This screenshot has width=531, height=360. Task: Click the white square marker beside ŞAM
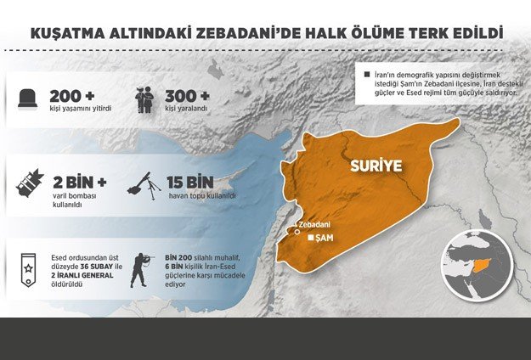[311, 239]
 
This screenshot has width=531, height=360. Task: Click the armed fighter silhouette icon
[138, 269]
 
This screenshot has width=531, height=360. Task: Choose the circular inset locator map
[481, 263]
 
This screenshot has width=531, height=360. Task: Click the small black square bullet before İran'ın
[365, 76]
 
